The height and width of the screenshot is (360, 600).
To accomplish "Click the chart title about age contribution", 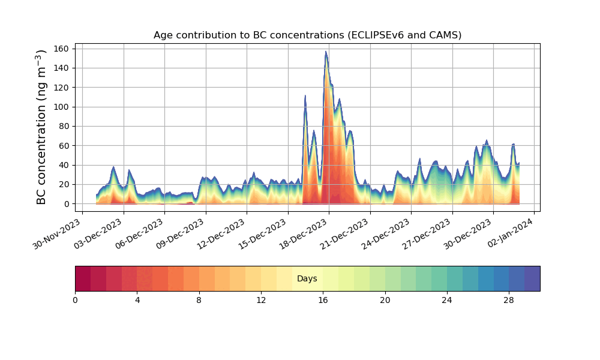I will click(x=307, y=35).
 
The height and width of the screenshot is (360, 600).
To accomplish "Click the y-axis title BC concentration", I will click(x=41, y=127).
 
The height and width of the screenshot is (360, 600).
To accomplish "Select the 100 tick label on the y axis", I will click(x=62, y=107).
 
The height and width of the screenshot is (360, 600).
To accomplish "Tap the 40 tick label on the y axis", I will click(x=64, y=165).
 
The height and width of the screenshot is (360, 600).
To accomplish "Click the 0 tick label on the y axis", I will click(x=67, y=204).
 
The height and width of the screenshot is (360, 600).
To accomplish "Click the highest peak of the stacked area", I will click(x=326, y=52).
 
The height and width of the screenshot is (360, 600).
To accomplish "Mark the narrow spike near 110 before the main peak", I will click(x=305, y=96).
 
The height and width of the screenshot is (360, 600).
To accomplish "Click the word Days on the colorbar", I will click(x=307, y=279).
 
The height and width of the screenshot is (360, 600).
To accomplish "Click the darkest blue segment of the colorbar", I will click(x=532, y=279).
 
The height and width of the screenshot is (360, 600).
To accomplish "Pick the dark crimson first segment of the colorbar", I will click(x=83, y=279).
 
